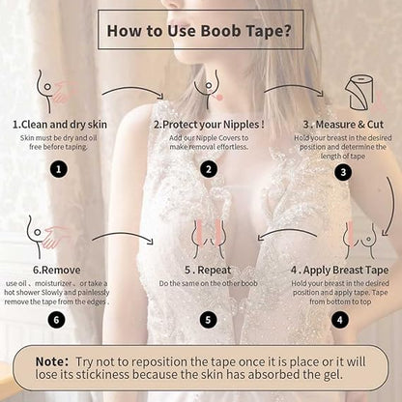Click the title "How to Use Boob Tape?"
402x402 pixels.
click(200, 30)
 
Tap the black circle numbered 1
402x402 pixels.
click(58, 168)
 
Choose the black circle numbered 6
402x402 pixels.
click(58, 319)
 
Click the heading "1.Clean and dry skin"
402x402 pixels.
click(59, 124)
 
